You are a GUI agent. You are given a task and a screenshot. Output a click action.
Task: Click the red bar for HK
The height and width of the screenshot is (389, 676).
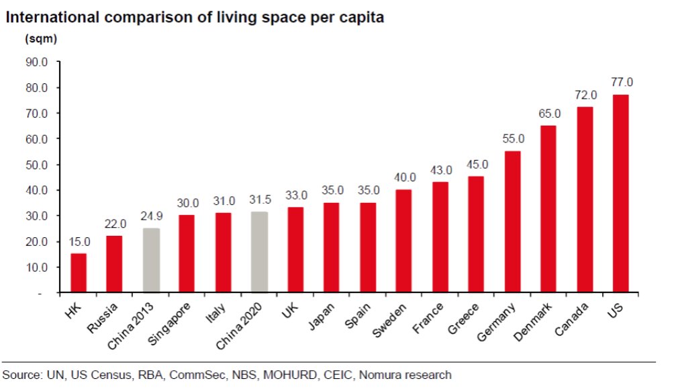click(x=79, y=273)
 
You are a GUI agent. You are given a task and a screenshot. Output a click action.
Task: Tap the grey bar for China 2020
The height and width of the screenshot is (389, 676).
click(x=260, y=252)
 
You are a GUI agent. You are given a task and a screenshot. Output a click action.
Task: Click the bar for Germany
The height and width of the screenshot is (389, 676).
click(x=512, y=222)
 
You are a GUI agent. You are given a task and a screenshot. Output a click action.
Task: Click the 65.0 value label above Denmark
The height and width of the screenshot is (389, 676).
click(x=548, y=112)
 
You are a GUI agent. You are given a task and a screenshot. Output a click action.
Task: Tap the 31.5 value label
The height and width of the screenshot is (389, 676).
click(x=260, y=200)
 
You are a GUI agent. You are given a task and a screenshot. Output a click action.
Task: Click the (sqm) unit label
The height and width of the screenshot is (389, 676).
click(x=41, y=39)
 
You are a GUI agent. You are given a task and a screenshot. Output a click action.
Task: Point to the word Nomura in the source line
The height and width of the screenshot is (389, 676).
click(x=383, y=374)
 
